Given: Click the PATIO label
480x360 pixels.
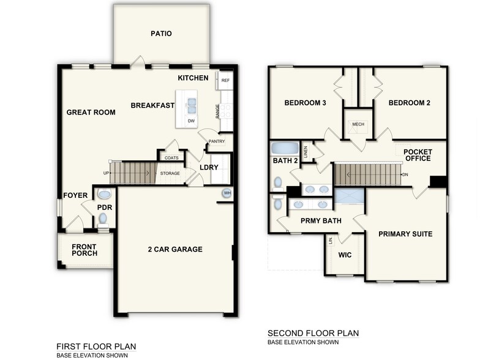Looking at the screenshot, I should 161,34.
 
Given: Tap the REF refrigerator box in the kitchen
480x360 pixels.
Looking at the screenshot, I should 225,80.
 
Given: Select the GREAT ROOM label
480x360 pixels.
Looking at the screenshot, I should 91,112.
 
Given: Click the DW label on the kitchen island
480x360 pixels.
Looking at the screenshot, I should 191,121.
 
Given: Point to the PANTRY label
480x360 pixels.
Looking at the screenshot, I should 216,141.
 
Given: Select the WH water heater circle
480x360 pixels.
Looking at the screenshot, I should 227,193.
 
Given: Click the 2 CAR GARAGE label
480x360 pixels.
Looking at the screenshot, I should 175,249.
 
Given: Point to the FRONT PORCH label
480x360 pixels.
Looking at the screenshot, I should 84,250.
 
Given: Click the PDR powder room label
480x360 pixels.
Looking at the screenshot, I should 103,208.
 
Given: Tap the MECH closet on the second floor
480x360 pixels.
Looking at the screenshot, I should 358,124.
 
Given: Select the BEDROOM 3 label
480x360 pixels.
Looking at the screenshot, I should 305,103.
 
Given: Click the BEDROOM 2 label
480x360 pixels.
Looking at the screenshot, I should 409,103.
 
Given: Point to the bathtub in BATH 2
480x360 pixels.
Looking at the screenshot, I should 284,148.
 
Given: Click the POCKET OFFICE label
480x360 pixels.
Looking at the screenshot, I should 417,156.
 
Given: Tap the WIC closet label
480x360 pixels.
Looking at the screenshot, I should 344,253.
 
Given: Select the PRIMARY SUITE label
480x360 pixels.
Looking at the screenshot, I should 405,234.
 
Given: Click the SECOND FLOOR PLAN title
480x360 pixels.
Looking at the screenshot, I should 313,333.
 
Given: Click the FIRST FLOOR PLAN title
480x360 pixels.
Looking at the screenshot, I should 96,347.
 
